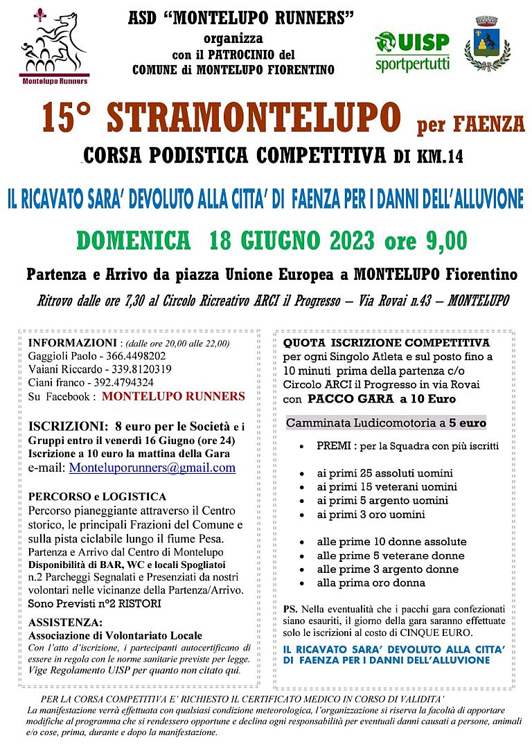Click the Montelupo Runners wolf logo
click(x=54, y=47)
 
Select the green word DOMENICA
click(x=134, y=240)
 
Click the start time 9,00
click(x=443, y=240)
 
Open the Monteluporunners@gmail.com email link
click(x=152, y=468)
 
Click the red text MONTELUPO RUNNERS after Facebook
click(x=173, y=397)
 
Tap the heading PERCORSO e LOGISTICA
click(x=98, y=497)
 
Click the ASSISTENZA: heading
click(x=66, y=623)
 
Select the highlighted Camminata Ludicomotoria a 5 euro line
click(x=386, y=423)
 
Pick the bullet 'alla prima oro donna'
click(x=371, y=583)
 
